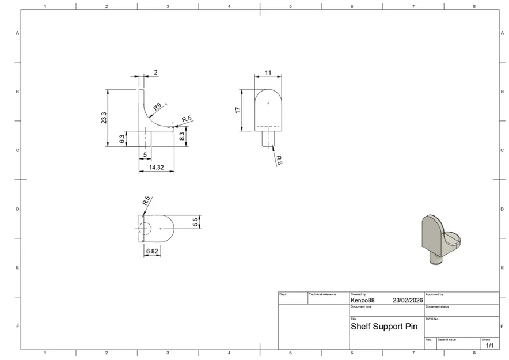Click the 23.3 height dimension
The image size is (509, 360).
point(104,118)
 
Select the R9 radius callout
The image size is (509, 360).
point(157,107)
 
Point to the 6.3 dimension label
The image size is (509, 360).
point(122,139)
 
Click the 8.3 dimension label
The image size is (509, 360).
point(182,137)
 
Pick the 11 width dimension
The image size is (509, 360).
point(268,73)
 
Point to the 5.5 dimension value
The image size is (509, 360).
point(195,221)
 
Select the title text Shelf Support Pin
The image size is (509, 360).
point(383,327)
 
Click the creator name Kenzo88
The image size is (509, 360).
point(362,300)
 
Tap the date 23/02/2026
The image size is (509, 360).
point(408,300)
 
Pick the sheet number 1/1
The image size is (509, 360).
point(489,346)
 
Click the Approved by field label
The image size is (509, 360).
point(435,294)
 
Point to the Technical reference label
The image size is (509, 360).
point(322,294)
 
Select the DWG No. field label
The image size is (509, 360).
point(432,319)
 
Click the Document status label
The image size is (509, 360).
point(437,306)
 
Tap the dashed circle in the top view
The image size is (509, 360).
point(145,229)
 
